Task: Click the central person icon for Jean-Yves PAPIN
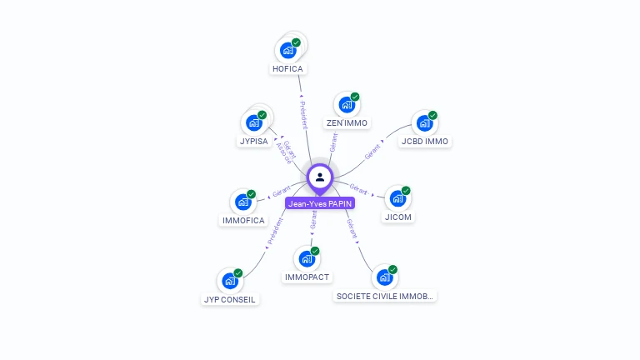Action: click(x=320, y=177)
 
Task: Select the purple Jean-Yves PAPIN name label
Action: click(x=320, y=203)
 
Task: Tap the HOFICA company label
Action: click(x=288, y=69)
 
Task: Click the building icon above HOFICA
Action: click(x=288, y=50)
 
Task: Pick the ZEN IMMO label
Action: click(x=347, y=123)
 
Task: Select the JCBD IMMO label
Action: click(x=425, y=142)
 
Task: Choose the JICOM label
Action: click(x=398, y=217)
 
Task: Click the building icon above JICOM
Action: click(x=398, y=199)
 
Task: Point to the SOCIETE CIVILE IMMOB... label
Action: click(x=385, y=296)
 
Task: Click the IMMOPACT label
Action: click(x=307, y=277)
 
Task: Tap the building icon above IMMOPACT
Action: click(x=307, y=259)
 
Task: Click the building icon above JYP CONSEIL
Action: click(x=230, y=281)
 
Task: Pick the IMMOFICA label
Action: click(x=243, y=221)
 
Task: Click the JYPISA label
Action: click(x=253, y=142)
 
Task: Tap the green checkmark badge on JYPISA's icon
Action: click(x=262, y=115)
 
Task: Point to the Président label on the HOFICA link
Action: click(x=303, y=115)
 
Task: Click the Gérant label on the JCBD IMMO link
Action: click(x=372, y=151)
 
